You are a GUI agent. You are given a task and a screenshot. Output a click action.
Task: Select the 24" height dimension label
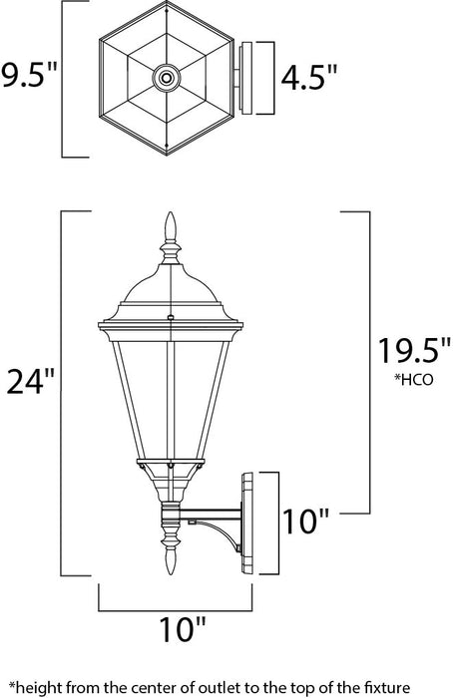(x=29, y=381)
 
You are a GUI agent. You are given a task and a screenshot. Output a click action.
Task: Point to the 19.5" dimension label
(x=409, y=352)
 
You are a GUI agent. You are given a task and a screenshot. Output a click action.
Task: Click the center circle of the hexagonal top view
(x=165, y=76)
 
